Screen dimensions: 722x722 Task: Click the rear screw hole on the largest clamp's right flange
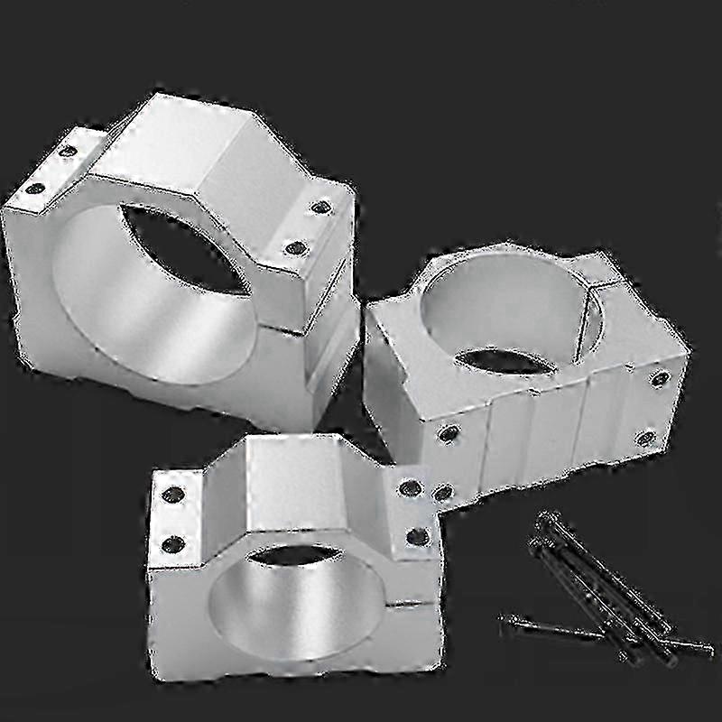coord(320,207)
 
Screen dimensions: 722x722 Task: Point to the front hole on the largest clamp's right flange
coord(292,246)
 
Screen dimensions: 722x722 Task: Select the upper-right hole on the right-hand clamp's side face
coord(661,378)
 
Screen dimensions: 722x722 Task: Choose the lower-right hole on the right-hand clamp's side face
coord(644,439)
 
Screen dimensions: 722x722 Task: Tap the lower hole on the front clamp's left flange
coord(172,543)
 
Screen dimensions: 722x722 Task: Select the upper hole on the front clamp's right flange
coord(411,488)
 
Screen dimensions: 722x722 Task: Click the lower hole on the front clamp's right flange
coord(417,537)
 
